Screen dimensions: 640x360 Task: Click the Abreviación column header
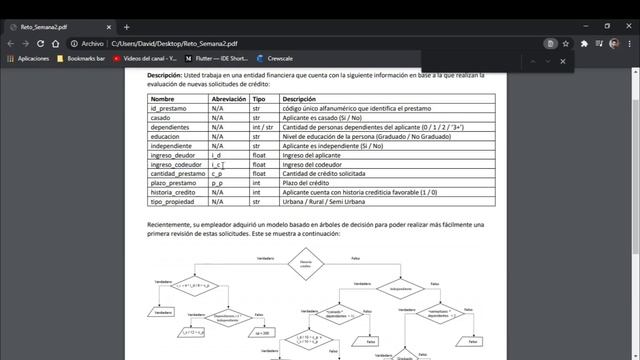point(230,99)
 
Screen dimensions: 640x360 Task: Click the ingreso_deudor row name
point(173,155)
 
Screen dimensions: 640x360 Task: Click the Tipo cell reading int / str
point(262,127)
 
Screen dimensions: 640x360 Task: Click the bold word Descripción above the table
point(164,75)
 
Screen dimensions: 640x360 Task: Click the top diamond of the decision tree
point(306,265)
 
